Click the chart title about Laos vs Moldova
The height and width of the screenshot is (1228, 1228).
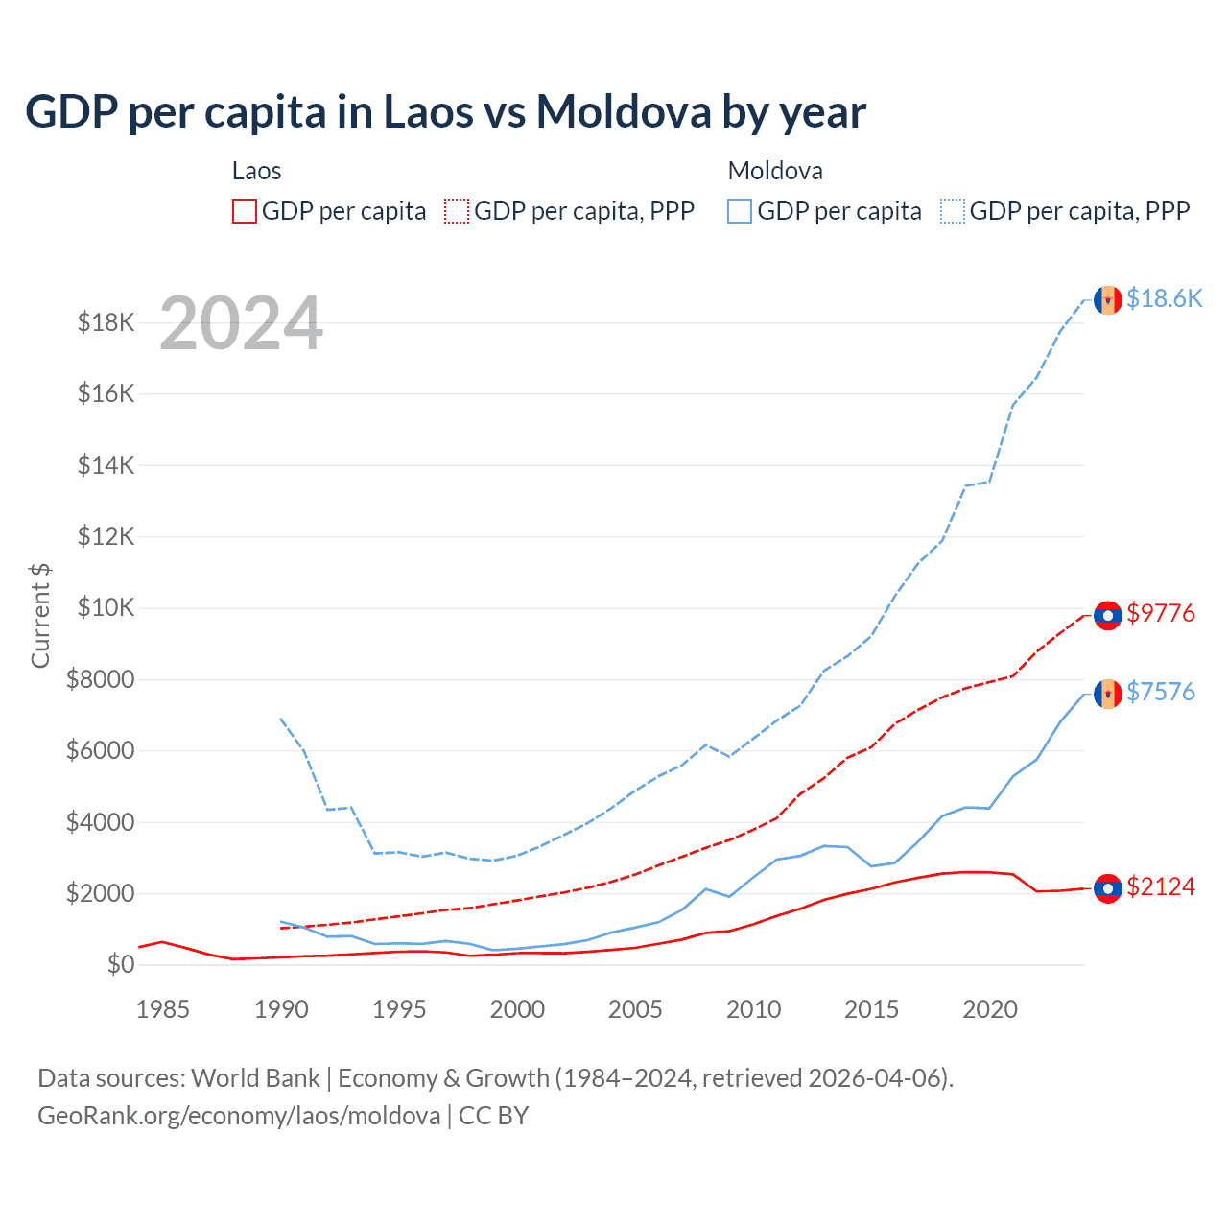[x=445, y=112]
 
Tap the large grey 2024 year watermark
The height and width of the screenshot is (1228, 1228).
[x=241, y=323]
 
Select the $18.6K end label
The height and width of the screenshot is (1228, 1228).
[x=1164, y=298]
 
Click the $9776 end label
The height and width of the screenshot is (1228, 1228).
[x=1161, y=613]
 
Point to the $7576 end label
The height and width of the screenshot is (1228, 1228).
[x=1161, y=692]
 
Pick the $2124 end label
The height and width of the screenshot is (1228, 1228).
[x=1161, y=886]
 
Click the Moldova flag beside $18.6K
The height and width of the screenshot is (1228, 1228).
[x=1108, y=300]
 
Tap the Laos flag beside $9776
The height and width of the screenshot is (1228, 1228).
[x=1108, y=615]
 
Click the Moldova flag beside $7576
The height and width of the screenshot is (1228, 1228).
[x=1108, y=694]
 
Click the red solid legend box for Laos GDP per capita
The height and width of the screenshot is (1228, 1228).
[x=245, y=211]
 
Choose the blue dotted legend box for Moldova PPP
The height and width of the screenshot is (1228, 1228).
[x=953, y=211]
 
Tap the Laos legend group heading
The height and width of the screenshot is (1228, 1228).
[x=256, y=171]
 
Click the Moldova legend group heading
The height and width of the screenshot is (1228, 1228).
[x=775, y=171]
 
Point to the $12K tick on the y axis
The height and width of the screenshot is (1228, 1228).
[x=106, y=536]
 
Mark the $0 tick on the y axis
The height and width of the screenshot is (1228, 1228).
[x=120, y=964]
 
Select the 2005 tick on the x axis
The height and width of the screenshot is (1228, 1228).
[x=635, y=1009]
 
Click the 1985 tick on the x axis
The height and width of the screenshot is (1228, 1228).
[x=163, y=1009]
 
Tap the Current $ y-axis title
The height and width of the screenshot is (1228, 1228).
[x=40, y=616]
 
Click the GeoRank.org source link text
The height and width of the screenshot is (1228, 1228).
[x=239, y=1116]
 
